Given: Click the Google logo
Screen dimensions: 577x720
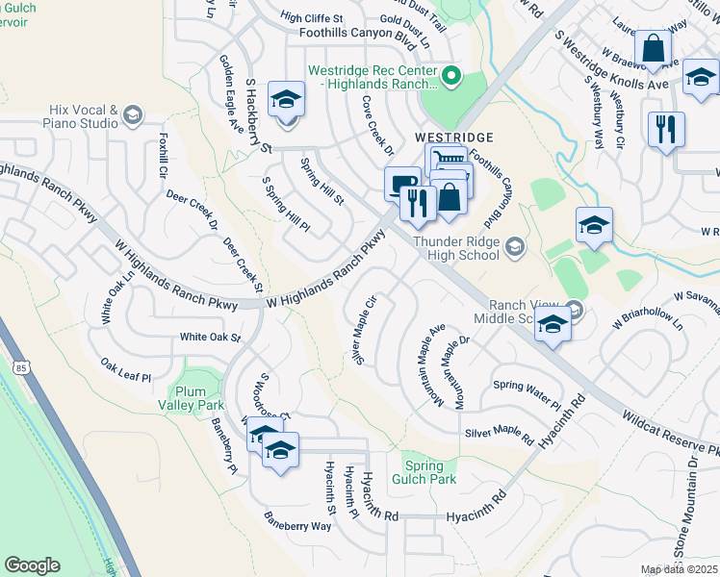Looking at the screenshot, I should (x=32, y=565).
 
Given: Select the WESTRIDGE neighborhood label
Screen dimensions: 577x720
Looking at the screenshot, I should (x=454, y=138).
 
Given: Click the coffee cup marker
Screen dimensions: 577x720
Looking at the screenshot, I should (x=399, y=182).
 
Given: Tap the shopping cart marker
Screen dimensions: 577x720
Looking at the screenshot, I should (x=444, y=159).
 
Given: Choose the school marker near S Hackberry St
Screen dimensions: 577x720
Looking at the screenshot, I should (x=286, y=100).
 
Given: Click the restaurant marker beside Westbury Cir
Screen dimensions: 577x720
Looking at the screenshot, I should (x=666, y=129).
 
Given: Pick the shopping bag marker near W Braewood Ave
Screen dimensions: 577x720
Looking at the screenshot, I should (x=653, y=49).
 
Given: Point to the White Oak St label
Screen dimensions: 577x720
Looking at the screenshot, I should (x=210, y=338).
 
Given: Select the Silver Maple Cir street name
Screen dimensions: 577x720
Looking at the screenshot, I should (x=364, y=329).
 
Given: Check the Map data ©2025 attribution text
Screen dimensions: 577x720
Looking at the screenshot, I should (x=679, y=569).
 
